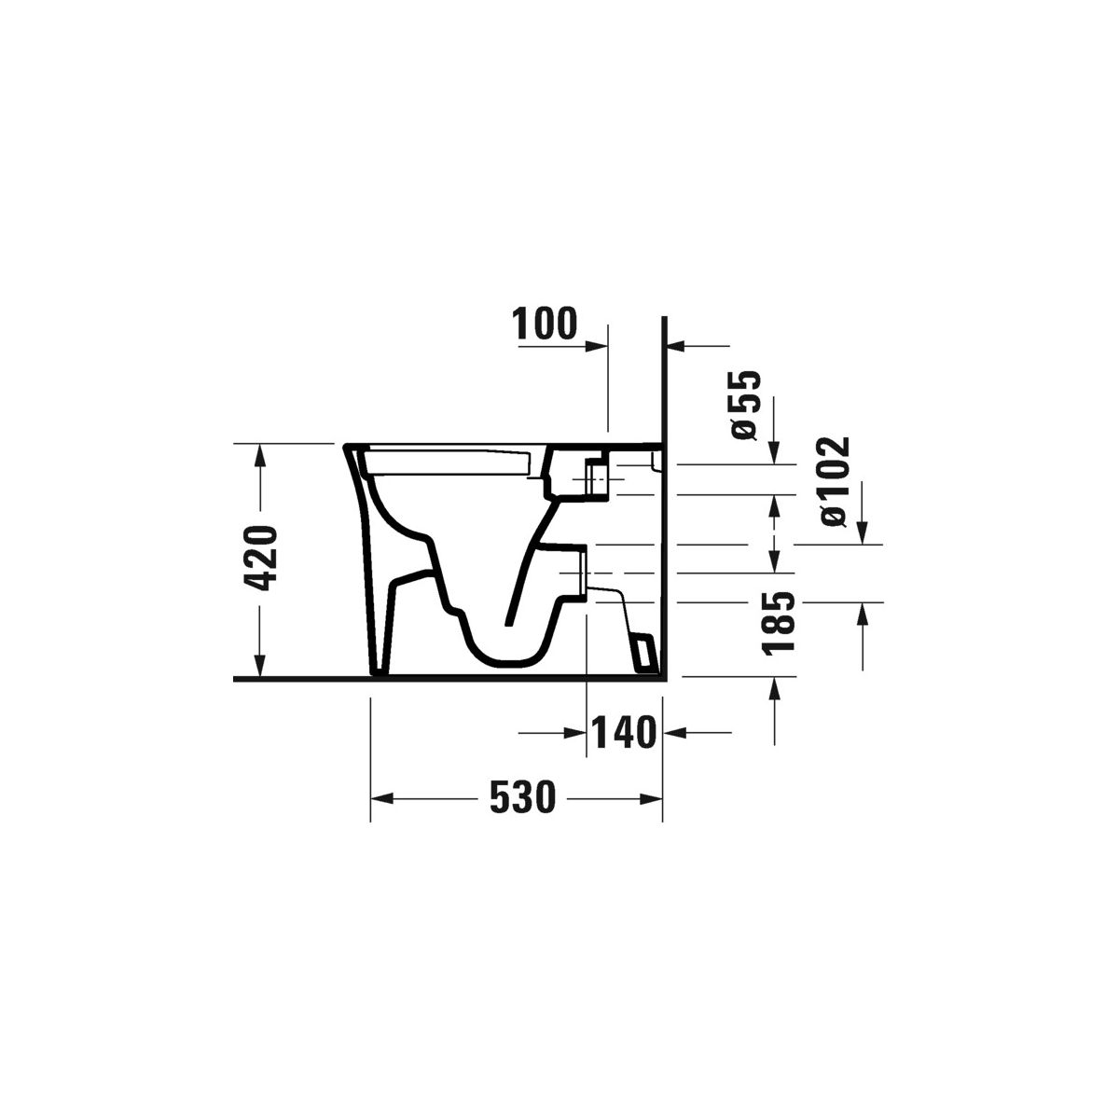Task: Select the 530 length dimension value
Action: pyautogui.click(x=522, y=797)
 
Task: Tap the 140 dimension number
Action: pyautogui.click(x=623, y=733)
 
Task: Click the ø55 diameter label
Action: pyautogui.click(x=745, y=405)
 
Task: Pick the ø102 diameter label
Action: pyautogui.click(x=835, y=481)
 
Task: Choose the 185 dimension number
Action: pyautogui.click(x=778, y=624)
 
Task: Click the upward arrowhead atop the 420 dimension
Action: pyautogui.click(x=260, y=455)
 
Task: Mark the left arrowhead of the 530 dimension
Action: pyautogui.click(x=382, y=799)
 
